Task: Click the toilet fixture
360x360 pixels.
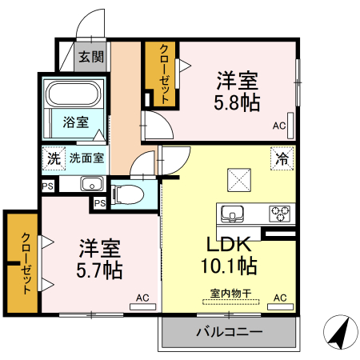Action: tap(128, 193)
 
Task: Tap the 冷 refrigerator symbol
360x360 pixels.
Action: tap(282, 158)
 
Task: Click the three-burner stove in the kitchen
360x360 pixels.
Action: tap(280, 214)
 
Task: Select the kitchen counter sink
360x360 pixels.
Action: tap(232, 214)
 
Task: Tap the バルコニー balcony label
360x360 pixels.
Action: tap(229, 330)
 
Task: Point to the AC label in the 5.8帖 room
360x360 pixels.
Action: tap(279, 126)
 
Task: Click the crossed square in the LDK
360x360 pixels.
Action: tap(239, 180)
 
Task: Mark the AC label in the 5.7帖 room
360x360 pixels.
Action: tap(142, 298)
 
